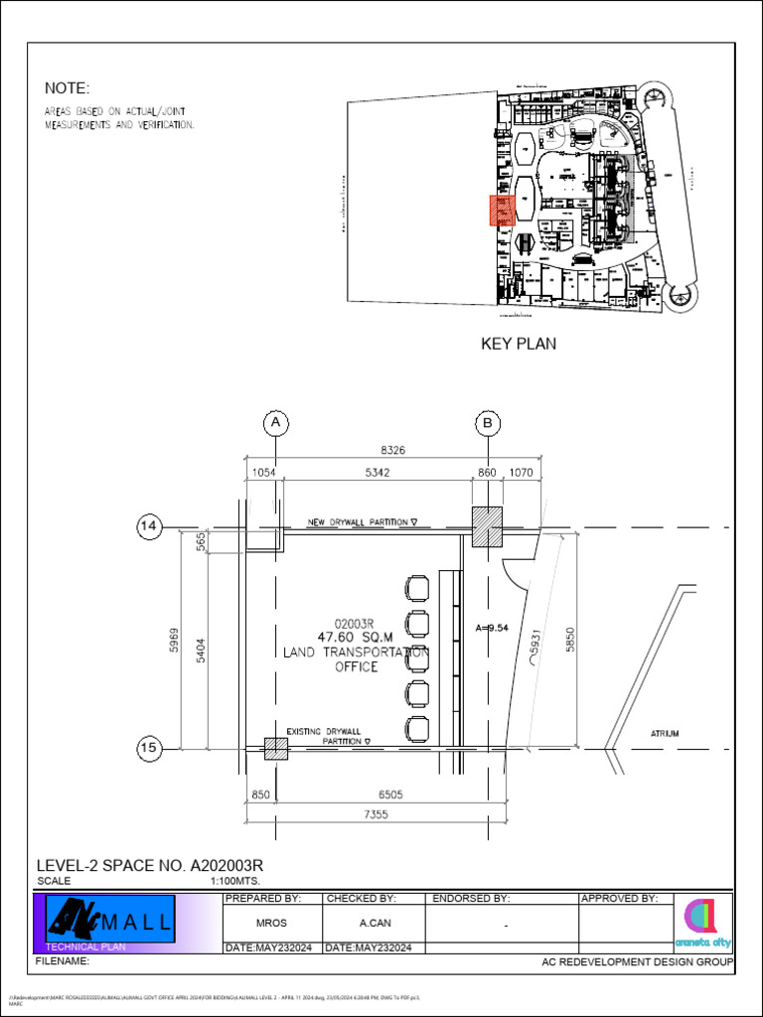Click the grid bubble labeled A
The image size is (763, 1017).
point(275,423)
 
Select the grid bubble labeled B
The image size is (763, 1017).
point(488,423)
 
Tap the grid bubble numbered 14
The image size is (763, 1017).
point(150,527)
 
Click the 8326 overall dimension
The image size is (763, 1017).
point(393,450)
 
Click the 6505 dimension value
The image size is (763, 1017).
point(391,795)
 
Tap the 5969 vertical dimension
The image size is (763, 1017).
point(175,644)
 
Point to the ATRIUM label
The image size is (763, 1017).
point(665,734)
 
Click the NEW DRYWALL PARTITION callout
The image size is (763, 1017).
point(363,521)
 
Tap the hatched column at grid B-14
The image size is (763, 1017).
point(487,526)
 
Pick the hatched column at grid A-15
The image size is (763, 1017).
point(275,749)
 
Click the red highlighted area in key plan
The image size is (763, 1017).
point(502,211)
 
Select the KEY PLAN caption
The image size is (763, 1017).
point(519,345)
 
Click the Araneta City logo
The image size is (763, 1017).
point(702,923)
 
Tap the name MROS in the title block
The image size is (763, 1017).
point(271,924)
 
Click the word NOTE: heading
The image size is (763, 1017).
point(67,88)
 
